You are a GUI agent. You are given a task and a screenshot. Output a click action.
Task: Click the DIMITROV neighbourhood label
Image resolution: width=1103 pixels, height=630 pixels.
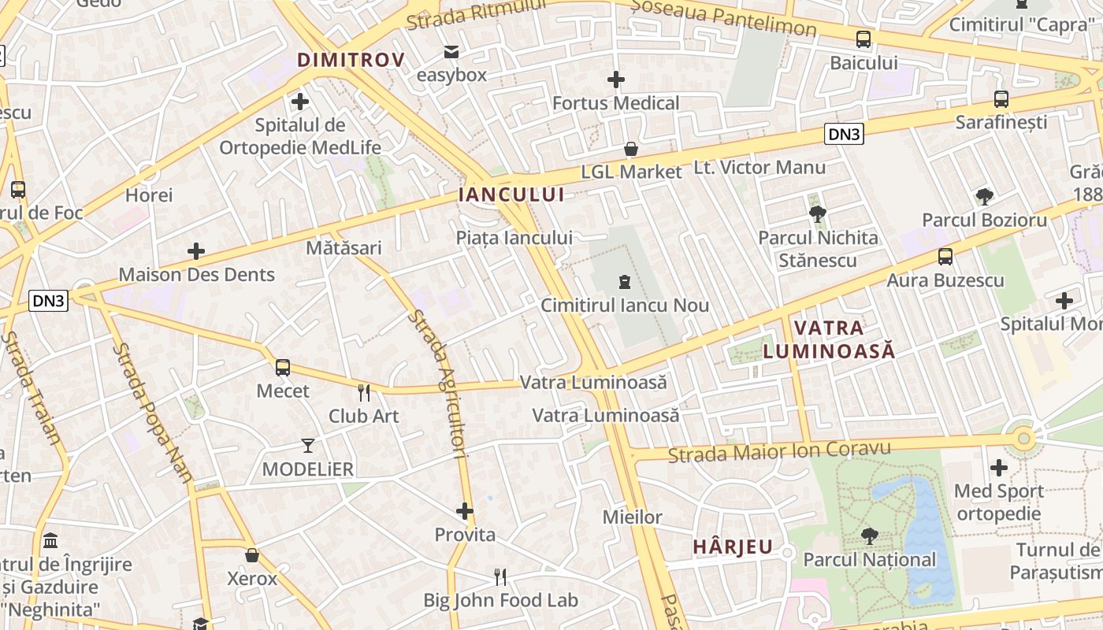click(351, 60)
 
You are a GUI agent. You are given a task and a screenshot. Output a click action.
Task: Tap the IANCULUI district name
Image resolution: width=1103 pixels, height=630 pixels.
click(511, 195)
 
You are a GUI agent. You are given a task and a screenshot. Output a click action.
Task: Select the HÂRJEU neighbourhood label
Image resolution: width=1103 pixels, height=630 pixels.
click(733, 547)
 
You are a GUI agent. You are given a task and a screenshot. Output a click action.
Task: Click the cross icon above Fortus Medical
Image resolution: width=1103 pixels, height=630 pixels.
click(616, 80)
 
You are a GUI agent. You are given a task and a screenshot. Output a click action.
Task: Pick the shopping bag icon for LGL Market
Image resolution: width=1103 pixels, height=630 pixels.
click(631, 149)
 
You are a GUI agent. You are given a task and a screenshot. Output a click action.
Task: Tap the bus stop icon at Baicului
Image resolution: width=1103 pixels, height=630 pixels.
click(863, 39)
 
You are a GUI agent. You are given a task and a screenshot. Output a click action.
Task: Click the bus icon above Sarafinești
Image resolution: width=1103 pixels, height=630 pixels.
click(1001, 99)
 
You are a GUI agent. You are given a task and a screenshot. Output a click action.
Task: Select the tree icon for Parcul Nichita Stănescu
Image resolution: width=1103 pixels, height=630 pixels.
click(818, 213)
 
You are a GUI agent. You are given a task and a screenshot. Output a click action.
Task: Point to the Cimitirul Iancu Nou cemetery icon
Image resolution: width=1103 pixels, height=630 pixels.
click(625, 282)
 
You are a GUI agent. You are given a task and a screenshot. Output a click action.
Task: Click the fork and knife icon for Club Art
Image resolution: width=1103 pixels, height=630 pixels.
click(364, 392)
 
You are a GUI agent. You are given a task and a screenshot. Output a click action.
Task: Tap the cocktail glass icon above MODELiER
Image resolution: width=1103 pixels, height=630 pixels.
click(308, 446)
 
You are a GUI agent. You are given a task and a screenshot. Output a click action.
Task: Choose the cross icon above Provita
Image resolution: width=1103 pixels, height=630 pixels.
click(465, 511)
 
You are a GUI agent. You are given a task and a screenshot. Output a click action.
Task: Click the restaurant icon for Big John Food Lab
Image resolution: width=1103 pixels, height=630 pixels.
click(500, 577)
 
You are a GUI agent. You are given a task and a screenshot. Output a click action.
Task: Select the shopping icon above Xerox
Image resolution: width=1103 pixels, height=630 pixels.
click(252, 555)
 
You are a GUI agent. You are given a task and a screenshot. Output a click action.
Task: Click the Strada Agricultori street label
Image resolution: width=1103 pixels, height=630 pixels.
click(439, 383)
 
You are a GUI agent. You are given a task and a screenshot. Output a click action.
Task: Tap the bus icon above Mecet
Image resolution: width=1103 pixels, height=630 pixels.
click(283, 367)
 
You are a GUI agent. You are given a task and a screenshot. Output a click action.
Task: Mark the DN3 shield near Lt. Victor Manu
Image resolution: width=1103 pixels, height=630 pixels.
click(845, 134)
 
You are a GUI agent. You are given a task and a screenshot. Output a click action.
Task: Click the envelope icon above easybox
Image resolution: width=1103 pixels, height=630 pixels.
click(451, 52)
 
